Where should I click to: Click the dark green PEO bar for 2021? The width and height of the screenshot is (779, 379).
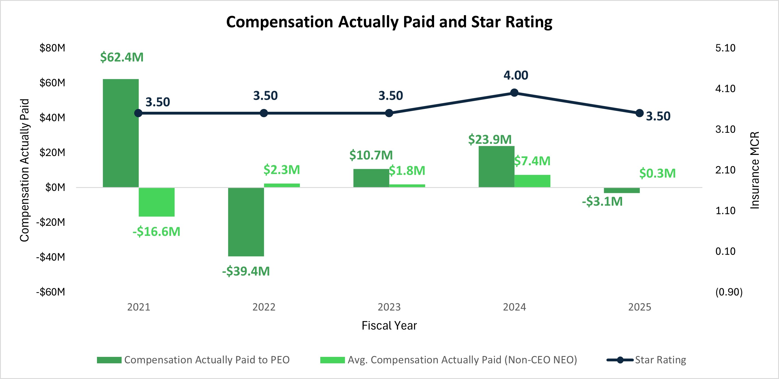(121, 133)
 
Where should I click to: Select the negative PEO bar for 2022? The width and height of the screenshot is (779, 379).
(246, 222)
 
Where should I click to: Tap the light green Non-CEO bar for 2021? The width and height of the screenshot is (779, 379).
(156, 202)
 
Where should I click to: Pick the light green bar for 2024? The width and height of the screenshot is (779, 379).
(532, 181)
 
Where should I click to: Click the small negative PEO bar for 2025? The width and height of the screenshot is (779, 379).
(622, 190)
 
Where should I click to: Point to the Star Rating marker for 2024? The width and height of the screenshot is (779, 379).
(514, 92)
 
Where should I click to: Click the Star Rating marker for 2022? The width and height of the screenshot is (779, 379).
(264, 113)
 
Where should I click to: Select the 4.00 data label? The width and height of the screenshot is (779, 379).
(516, 75)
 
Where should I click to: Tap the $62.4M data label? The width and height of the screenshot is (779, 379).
(122, 57)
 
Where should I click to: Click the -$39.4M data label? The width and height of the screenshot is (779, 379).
(246, 271)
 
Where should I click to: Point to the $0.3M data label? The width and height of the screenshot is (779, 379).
(657, 173)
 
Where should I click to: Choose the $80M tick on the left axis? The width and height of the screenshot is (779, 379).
(52, 48)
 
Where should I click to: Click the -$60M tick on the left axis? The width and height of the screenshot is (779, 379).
(50, 292)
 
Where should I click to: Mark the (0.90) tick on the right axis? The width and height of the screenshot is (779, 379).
(729, 292)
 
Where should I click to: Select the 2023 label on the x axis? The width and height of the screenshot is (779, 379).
(389, 307)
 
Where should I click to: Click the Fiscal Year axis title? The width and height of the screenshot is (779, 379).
(389, 325)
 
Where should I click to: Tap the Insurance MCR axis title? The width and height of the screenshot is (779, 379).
(755, 170)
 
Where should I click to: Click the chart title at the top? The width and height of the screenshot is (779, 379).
(389, 22)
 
